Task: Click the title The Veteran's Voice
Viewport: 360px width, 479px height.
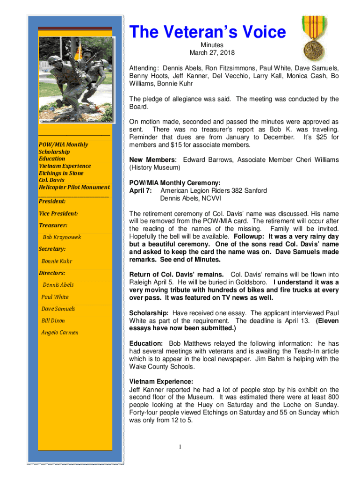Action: click(x=207, y=32)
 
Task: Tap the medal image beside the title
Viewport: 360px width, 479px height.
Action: click(x=314, y=37)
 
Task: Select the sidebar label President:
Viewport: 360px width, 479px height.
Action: click(x=52, y=201)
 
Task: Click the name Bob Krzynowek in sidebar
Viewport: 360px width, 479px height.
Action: click(x=62, y=237)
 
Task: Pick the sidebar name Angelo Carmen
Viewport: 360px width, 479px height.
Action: click(x=60, y=333)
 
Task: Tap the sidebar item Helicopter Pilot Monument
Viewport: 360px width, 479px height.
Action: click(x=74, y=187)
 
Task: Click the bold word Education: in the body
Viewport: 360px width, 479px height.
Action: click(x=146, y=343)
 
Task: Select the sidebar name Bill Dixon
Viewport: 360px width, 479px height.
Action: click(x=53, y=321)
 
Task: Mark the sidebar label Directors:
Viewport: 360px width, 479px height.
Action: click(x=52, y=273)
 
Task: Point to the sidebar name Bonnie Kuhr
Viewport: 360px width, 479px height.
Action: click(x=57, y=261)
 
